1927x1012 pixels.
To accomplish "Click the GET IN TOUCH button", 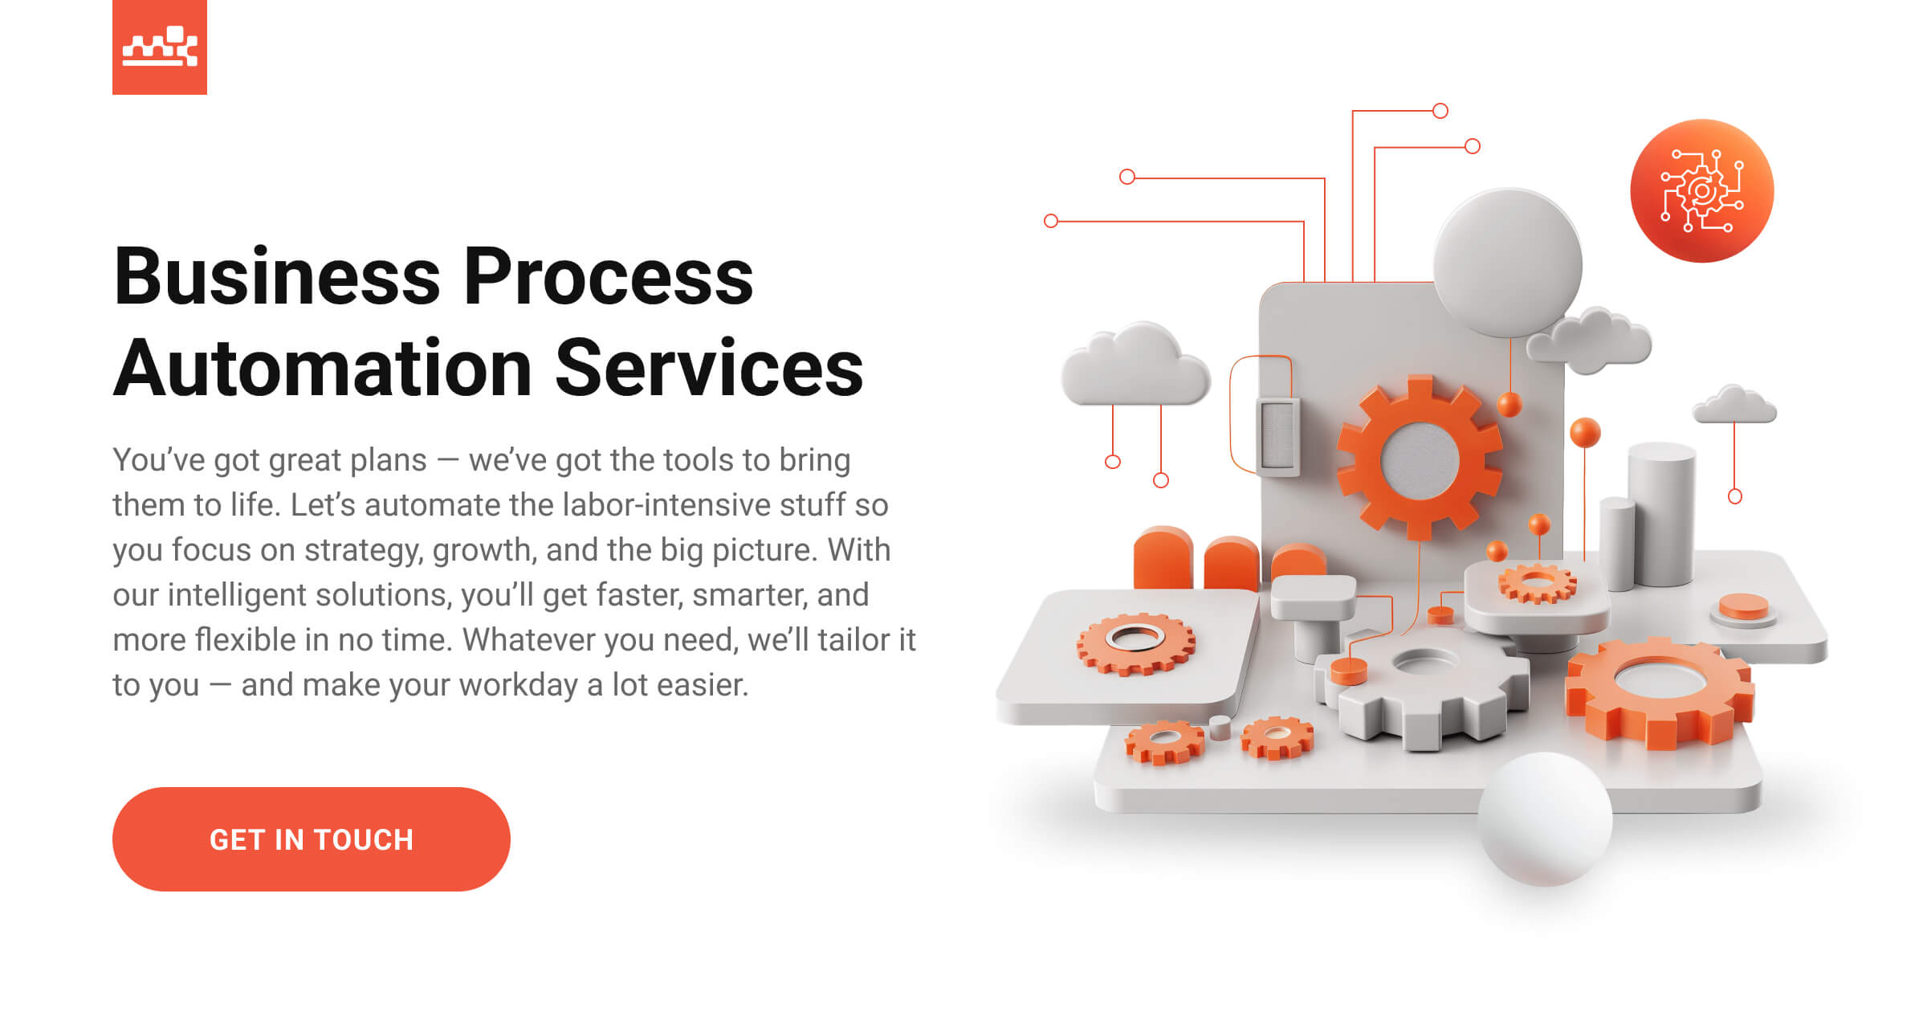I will (312, 839).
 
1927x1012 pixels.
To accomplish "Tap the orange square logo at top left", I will (160, 47).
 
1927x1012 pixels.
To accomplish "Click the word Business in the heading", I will (277, 277).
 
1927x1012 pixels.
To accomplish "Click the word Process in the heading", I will (609, 277).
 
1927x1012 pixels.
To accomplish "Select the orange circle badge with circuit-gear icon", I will (1701, 191).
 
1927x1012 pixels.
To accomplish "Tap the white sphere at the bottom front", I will (1545, 819).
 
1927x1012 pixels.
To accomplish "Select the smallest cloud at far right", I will (1734, 406).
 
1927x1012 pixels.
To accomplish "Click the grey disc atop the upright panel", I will (1507, 263).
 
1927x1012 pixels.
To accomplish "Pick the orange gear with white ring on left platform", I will (1135, 643).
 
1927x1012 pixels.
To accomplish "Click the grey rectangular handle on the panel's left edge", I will (1277, 435).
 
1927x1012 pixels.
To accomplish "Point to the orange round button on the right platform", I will (1743, 607).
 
